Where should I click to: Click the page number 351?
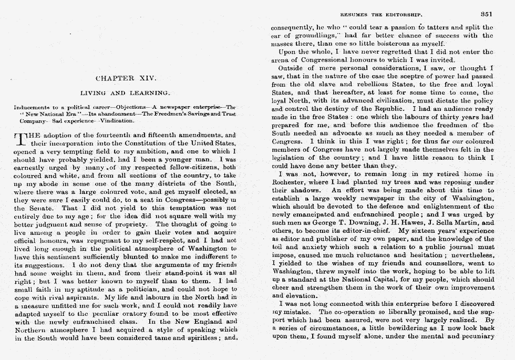click(x=486, y=15)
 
